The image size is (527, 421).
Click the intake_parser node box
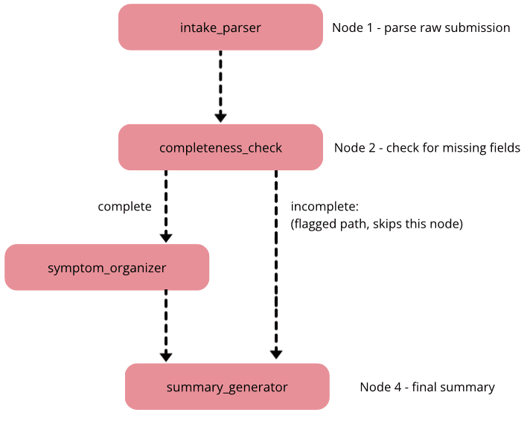(x=220, y=28)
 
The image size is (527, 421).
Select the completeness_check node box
(x=220, y=147)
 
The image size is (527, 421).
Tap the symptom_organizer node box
(x=106, y=267)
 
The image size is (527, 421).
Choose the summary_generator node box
(x=227, y=387)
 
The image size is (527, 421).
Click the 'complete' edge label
(x=124, y=206)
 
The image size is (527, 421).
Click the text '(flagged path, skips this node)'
(x=377, y=223)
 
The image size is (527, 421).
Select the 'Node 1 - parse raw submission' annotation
(x=421, y=28)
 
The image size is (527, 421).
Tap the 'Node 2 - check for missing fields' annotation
(x=427, y=147)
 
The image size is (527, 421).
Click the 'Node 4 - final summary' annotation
(x=427, y=387)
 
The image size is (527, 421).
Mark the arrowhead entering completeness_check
(x=220, y=117)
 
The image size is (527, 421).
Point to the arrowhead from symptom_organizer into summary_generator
(x=166, y=356)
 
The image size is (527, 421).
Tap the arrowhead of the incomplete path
(x=276, y=355)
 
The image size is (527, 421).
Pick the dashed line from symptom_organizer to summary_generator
(x=166, y=320)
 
